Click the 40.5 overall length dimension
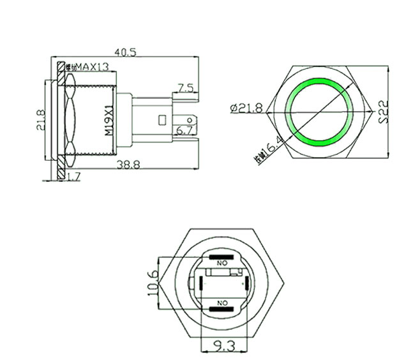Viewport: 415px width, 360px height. coord(125,53)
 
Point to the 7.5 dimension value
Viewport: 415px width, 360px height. coord(185,87)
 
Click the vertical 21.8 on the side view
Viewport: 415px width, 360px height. coord(39,119)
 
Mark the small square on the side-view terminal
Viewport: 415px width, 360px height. coord(160,119)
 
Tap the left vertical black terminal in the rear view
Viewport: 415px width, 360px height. coord(201,283)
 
